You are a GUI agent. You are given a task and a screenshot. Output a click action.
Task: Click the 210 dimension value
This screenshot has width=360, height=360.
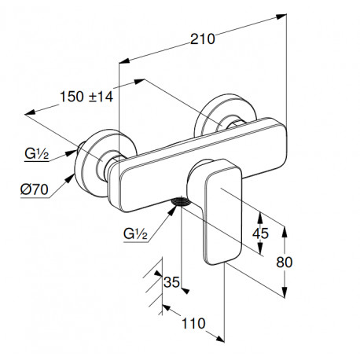[202, 39]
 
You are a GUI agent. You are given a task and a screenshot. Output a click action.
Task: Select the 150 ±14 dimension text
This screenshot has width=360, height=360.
[86, 97]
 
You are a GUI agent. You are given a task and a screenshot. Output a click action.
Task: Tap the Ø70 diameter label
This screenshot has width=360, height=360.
[35, 189]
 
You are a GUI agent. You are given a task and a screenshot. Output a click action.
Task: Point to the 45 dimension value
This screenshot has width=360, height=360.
[260, 233]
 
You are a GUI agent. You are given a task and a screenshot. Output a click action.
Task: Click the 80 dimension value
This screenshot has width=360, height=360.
[285, 262]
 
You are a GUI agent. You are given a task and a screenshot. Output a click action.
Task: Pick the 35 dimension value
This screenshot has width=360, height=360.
[171, 282]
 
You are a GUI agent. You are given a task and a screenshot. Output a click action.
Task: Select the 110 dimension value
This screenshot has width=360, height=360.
[193, 323]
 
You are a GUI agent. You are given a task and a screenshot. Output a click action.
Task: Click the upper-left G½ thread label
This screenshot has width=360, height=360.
[37, 153]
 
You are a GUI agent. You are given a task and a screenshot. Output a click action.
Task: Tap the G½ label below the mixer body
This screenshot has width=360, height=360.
[135, 233]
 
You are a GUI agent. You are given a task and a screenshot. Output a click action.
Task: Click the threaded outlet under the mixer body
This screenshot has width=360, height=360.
[180, 202]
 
